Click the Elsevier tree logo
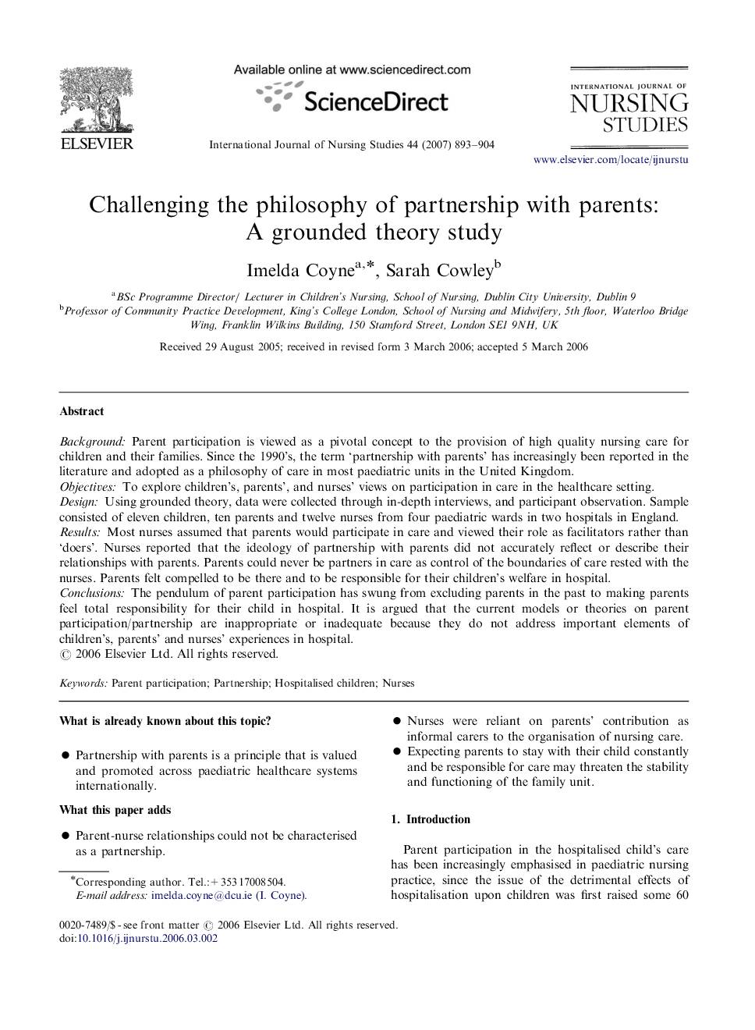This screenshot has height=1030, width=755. click(97, 101)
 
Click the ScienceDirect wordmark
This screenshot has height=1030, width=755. click(375, 101)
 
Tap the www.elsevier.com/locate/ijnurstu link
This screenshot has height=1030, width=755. click(611, 160)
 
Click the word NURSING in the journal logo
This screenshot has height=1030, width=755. click(629, 104)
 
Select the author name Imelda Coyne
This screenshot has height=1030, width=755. click(300, 271)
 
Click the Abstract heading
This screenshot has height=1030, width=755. click(81, 411)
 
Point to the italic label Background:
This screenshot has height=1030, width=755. click(92, 442)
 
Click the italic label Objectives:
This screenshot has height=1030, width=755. click(87, 487)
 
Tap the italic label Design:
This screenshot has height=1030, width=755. click(79, 502)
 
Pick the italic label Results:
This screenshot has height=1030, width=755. click(80, 532)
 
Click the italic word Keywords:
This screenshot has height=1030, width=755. click(83, 684)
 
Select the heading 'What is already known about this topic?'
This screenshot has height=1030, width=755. click(165, 721)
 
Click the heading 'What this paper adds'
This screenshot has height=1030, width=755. click(115, 810)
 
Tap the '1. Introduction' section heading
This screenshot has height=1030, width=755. click(431, 819)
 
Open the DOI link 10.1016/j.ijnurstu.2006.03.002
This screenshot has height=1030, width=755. click(147, 939)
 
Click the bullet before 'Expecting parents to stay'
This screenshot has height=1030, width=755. click(396, 751)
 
